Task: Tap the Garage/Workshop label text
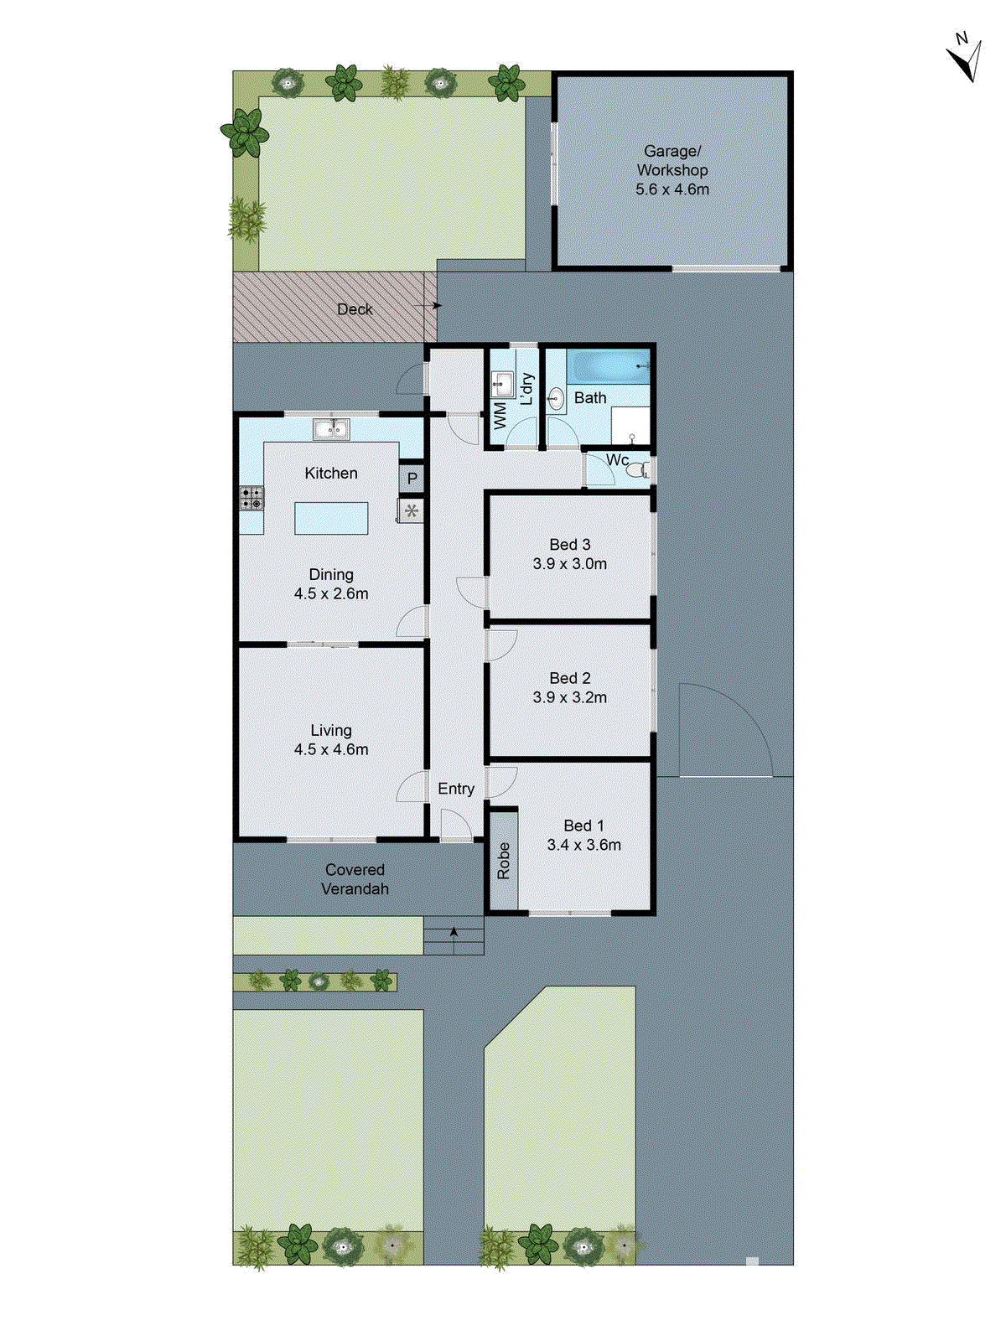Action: pos(672,160)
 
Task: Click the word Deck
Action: pos(354,309)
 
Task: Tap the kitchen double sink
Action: pos(331,430)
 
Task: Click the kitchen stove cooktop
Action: pos(251,498)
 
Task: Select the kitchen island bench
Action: pos(331,518)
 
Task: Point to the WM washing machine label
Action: pos(500,416)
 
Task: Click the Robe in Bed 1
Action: pos(503,861)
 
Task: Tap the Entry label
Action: pos(456,789)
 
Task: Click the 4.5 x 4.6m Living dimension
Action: pos(331,749)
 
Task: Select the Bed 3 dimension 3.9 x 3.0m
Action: pos(570,564)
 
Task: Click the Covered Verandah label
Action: pos(355,879)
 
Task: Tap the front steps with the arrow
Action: pos(454,936)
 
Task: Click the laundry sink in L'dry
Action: pos(501,386)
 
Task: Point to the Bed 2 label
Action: pos(570,678)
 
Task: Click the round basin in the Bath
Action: pos(555,400)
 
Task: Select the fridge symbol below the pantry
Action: pos(411,511)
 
